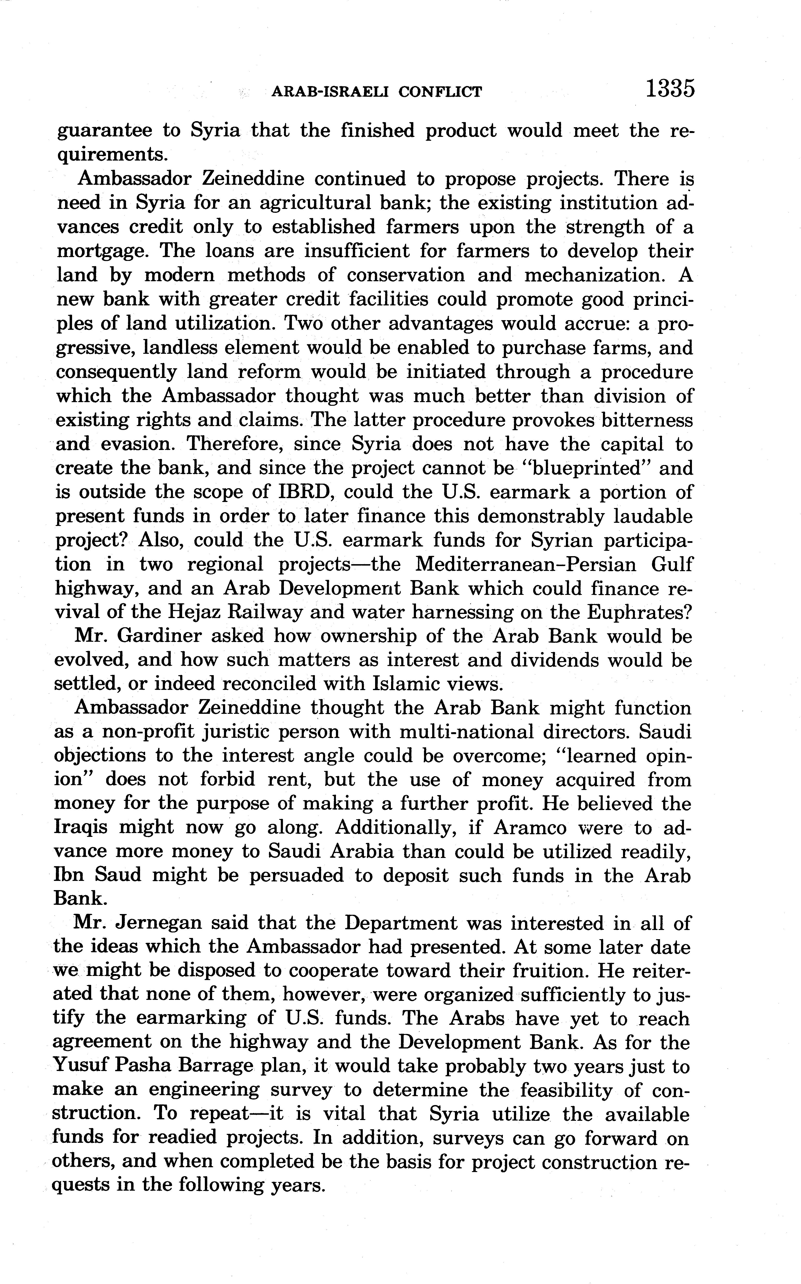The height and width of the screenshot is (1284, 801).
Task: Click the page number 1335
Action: coord(670,89)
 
